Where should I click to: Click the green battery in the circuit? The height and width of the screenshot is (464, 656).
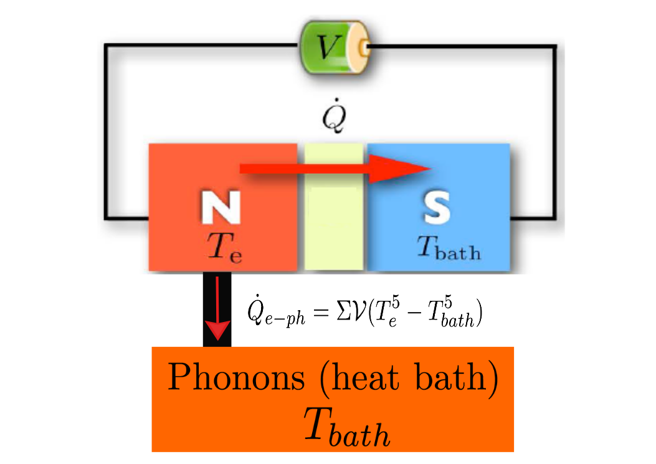[x=334, y=47]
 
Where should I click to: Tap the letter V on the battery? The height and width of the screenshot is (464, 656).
[x=325, y=47]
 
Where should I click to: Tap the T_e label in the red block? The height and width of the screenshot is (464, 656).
[x=224, y=249]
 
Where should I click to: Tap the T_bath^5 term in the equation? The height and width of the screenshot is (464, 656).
[x=451, y=315]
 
